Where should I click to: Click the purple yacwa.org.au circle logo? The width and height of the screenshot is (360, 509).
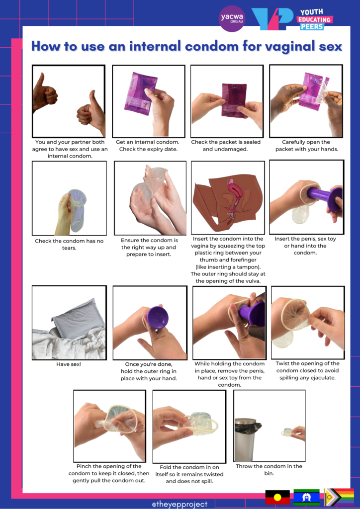click(232, 18)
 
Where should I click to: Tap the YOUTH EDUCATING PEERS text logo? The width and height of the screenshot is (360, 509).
click(314, 19)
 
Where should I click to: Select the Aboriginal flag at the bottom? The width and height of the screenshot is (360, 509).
click(277, 497)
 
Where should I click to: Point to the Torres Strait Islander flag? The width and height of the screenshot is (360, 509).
click(306, 497)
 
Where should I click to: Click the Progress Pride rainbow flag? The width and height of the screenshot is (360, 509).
click(339, 497)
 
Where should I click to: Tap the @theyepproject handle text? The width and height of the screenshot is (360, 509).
click(180, 504)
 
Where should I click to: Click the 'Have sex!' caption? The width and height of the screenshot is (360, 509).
click(69, 364)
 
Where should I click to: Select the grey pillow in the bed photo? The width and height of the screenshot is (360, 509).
click(78, 314)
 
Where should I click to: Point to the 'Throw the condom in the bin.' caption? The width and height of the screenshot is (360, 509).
click(269, 469)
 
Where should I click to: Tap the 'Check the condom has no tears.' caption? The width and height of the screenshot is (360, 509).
click(69, 244)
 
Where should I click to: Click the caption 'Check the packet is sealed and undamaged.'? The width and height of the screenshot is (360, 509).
click(226, 146)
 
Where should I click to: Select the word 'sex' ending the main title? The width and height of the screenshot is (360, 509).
click(331, 46)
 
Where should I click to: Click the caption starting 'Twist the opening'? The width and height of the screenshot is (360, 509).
click(307, 370)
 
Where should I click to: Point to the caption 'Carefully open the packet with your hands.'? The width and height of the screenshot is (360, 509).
click(306, 146)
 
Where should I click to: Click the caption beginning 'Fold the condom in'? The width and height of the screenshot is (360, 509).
click(189, 474)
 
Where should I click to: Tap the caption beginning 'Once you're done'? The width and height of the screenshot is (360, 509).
click(149, 371)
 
